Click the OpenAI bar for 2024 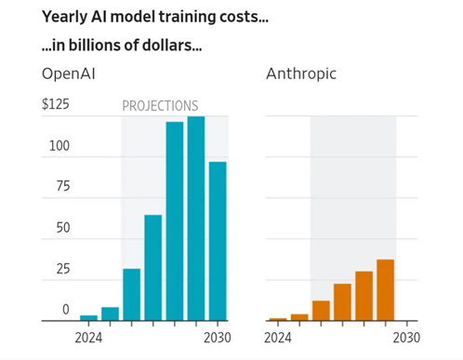88,318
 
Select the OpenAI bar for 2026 132,295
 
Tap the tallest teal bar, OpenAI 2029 196,219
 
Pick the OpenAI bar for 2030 218,241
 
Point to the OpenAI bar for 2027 153,268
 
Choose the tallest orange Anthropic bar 386,290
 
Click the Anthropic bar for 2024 278,319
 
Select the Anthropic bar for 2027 342,302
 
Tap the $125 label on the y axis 56,104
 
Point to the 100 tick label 60,146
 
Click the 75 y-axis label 63,186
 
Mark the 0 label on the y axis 66,310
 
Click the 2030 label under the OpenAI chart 218,338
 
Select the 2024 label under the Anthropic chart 278,338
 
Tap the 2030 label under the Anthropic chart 406,338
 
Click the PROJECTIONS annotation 160,106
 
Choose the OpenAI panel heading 69,74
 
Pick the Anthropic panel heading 301,74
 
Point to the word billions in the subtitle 95,46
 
